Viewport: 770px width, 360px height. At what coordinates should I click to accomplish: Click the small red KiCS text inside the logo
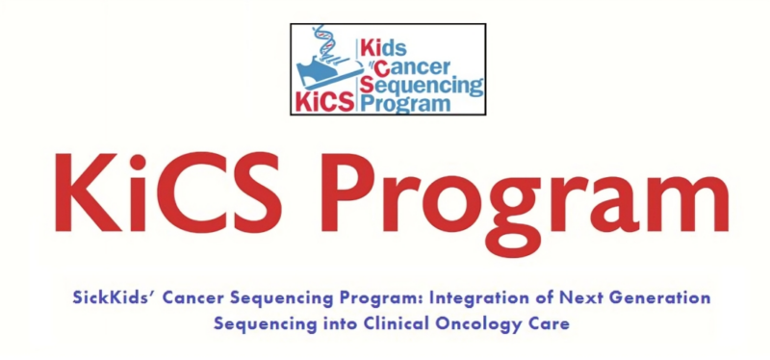pos(324,100)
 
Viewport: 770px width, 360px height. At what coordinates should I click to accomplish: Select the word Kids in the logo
pos(386,46)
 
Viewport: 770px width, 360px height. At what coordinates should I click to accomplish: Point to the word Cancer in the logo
pos(405,66)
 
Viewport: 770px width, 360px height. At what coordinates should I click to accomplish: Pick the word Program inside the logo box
pos(404,104)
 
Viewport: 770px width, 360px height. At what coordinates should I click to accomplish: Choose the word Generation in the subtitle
pos(658,297)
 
